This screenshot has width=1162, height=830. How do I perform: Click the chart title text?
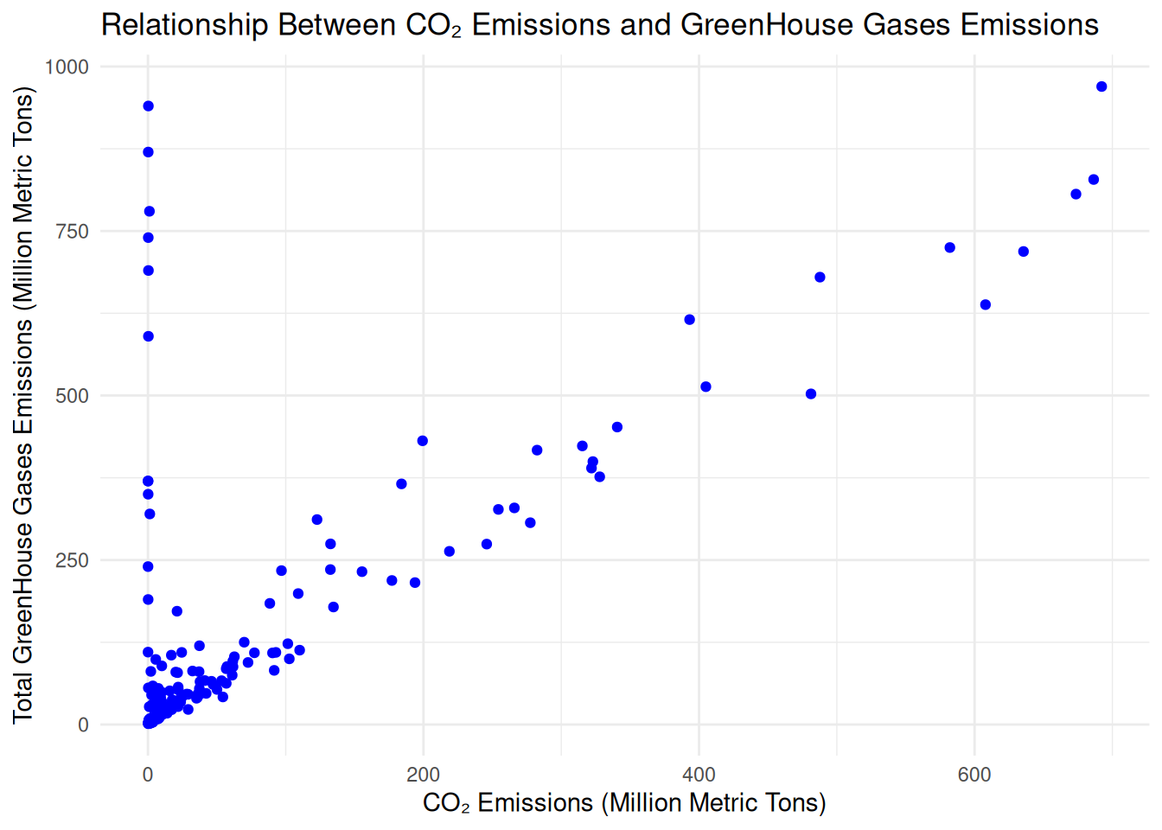click(x=600, y=25)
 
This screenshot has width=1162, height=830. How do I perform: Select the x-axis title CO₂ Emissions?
click(x=623, y=803)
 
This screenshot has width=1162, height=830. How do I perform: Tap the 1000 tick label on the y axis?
click(x=67, y=67)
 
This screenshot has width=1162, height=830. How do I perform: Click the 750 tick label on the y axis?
click(x=72, y=231)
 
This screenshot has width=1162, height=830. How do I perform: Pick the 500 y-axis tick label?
click(x=72, y=396)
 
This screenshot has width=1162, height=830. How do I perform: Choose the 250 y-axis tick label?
click(x=72, y=560)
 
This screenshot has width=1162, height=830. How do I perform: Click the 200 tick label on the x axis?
click(x=423, y=775)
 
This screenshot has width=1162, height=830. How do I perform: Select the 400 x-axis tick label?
click(x=699, y=775)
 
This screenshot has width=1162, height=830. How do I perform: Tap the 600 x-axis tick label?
click(x=974, y=775)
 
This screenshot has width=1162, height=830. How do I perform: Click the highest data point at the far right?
click(x=1101, y=86)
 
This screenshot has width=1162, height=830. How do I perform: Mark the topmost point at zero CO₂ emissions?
click(x=148, y=106)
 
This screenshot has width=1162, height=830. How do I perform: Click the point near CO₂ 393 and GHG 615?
click(x=689, y=320)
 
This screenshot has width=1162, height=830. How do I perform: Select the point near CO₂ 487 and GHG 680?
click(x=820, y=278)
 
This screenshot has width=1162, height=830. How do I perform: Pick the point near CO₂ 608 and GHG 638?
click(x=985, y=305)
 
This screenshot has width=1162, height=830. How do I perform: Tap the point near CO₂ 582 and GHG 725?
click(x=949, y=248)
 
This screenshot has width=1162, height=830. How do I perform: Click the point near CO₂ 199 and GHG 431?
click(x=422, y=441)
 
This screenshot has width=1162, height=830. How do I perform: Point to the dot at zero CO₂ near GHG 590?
click(x=148, y=336)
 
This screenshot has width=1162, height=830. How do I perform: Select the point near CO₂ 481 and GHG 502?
click(x=811, y=394)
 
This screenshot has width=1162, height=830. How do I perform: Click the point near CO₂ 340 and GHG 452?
click(x=616, y=427)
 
